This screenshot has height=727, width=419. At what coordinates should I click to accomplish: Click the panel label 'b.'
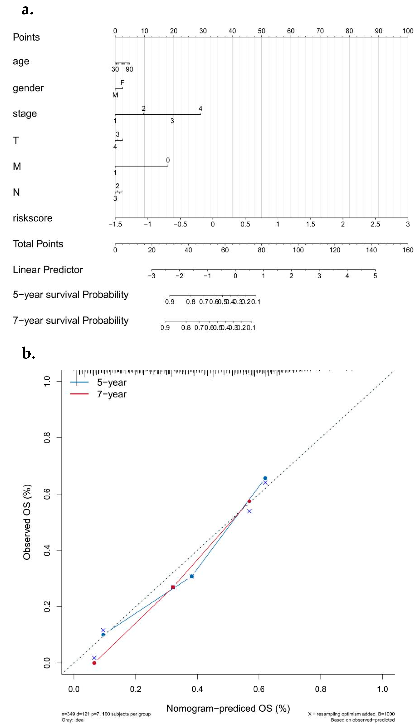pyautogui.click(x=28, y=353)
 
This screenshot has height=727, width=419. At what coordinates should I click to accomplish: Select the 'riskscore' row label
pyautogui.click(x=33, y=218)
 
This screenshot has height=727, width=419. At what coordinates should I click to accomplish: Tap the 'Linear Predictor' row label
pyautogui.click(x=48, y=270)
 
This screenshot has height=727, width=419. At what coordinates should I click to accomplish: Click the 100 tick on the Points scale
pyautogui.click(x=408, y=31)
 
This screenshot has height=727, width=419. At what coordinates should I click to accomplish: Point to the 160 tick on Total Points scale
pyautogui.click(x=408, y=250)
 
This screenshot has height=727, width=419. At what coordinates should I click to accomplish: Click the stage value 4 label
pyautogui.click(x=201, y=108)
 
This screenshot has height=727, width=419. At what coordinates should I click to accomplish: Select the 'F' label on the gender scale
pyautogui.click(x=122, y=83)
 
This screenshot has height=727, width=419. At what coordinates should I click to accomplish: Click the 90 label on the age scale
pyautogui.click(x=129, y=69)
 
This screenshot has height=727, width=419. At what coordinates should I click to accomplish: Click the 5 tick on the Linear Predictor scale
pyautogui.click(x=375, y=276)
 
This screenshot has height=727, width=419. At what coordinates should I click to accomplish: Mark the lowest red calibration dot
pyautogui.click(x=94, y=663)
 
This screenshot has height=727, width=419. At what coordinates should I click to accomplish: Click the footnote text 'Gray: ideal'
pyautogui.click(x=73, y=720)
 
